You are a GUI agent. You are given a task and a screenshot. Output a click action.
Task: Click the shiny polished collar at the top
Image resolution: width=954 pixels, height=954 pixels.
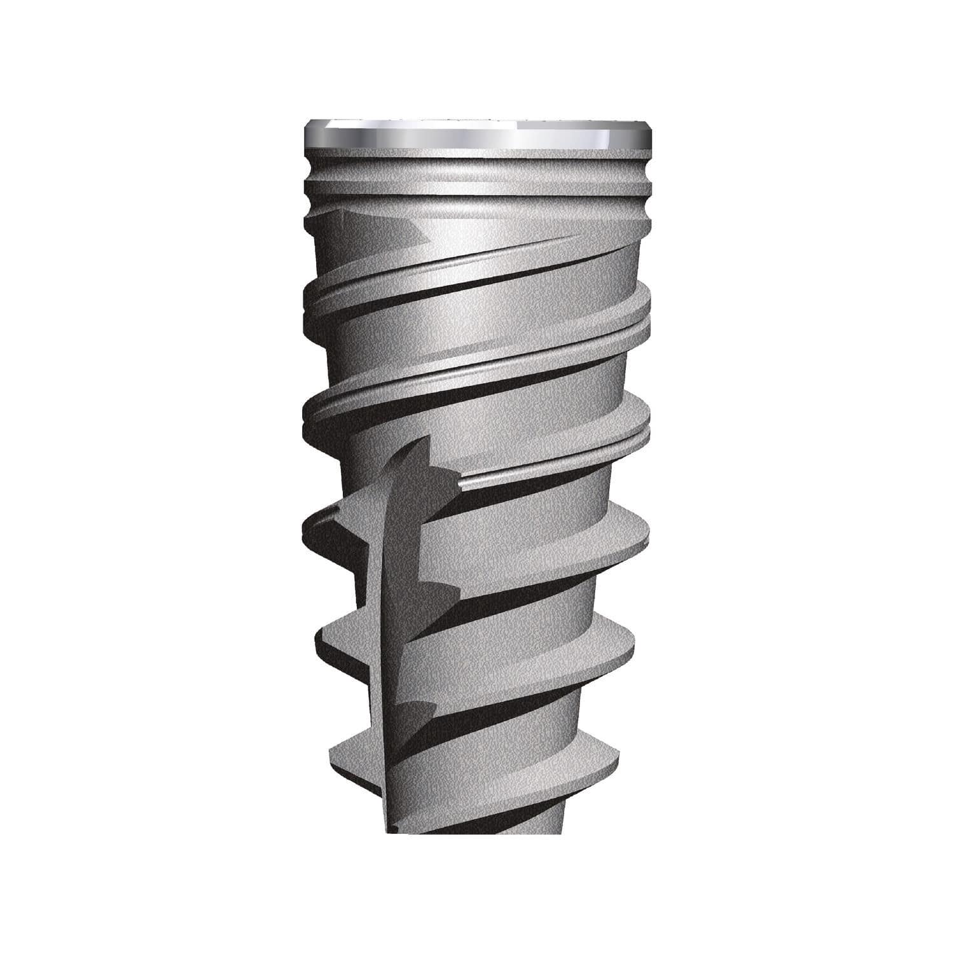tap(477, 135)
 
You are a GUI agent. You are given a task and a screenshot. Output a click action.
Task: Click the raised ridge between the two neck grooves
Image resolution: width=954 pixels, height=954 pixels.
tap(477, 188)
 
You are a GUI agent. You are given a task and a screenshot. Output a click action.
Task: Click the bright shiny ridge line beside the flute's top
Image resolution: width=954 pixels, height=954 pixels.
tap(483, 478)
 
